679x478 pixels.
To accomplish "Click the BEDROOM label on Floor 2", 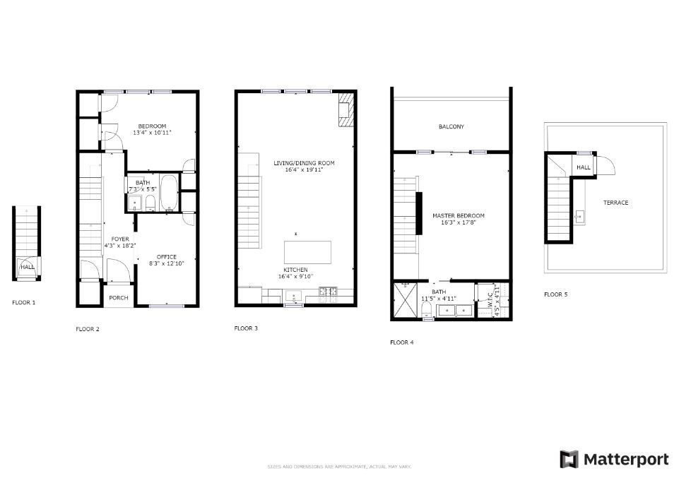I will (153, 126).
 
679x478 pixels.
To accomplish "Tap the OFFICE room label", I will (167, 256).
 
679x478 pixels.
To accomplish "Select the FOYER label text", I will (120, 239).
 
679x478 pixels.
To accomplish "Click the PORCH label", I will (119, 298).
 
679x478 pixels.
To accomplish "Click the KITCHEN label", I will (295, 270).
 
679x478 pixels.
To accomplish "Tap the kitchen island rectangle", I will (307, 252).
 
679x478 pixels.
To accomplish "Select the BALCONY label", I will (451, 127).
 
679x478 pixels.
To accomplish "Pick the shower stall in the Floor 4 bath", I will (405, 300).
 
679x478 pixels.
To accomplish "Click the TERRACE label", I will (615, 203).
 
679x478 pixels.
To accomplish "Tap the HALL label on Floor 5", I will (584, 167).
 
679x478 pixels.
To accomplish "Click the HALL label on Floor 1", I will (27, 267).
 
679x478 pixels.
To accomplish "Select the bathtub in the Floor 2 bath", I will (168, 193).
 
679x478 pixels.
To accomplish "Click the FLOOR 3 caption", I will (246, 328).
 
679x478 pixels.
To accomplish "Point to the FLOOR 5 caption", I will (555, 294).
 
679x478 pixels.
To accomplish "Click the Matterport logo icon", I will (569, 459).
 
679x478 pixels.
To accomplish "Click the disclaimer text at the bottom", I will (339, 467).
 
